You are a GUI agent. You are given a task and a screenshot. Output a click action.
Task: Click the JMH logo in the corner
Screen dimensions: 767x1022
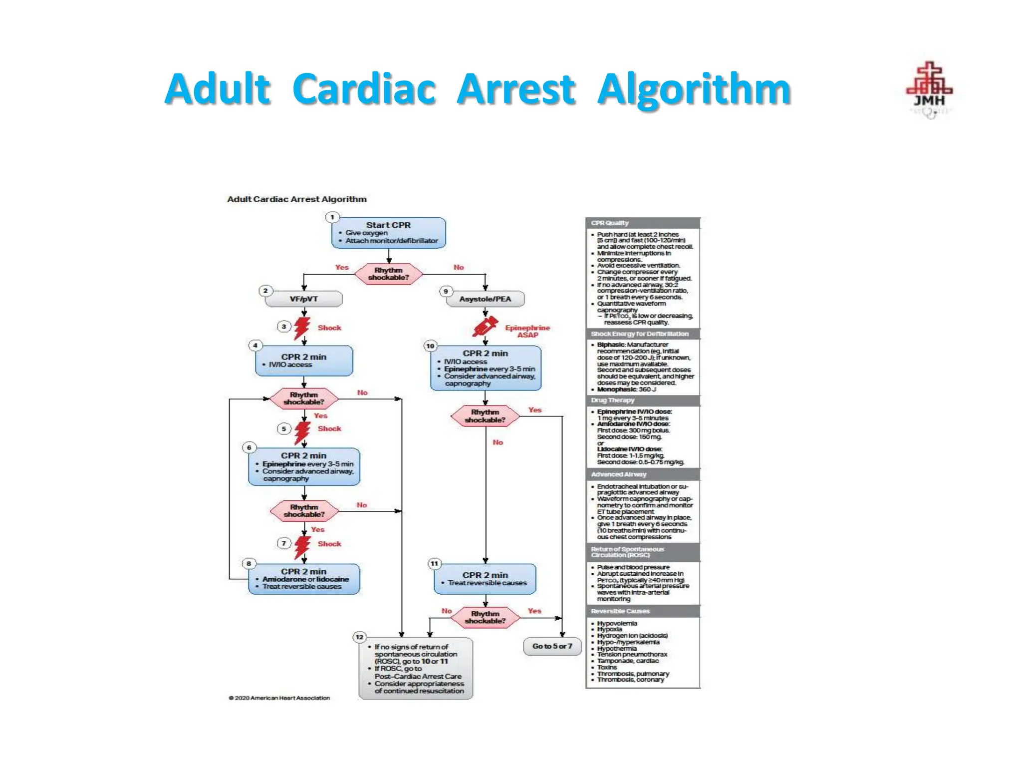(x=929, y=89)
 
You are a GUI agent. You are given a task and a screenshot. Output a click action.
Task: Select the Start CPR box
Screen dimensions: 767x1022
(x=388, y=233)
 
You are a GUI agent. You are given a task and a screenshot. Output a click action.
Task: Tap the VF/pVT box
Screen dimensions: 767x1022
(x=303, y=299)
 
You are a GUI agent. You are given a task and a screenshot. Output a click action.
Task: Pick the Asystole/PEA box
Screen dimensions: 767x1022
(x=485, y=299)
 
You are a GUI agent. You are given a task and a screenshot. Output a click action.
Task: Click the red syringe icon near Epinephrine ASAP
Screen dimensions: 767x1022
(x=485, y=327)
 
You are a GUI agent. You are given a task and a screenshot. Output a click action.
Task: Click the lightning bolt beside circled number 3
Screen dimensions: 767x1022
(x=301, y=328)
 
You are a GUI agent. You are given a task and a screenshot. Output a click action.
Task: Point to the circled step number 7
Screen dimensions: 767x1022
(x=284, y=543)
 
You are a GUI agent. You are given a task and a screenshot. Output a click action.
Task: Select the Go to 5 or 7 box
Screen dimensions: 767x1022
(x=552, y=646)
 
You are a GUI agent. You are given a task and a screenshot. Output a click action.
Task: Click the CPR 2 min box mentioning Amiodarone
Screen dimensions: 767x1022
(x=304, y=579)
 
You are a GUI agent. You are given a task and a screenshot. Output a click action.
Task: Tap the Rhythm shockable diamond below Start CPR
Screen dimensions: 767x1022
(x=388, y=274)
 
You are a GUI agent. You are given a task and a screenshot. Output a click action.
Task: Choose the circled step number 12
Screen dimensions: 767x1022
(x=359, y=637)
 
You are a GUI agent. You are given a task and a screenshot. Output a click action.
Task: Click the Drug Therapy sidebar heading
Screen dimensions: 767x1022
(x=612, y=400)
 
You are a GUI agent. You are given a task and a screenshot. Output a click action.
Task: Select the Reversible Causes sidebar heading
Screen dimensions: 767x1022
(x=620, y=611)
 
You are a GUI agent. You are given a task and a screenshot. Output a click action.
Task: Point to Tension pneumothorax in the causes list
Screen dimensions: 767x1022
(x=632, y=654)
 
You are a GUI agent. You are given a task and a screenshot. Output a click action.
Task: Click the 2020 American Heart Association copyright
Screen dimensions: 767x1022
(x=279, y=698)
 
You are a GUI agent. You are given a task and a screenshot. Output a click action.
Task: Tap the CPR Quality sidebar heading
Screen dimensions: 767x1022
(x=610, y=223)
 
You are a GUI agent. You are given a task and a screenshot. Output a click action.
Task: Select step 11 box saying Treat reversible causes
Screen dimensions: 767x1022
(x=485, y=579)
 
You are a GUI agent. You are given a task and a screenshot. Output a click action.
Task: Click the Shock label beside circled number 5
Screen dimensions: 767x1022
(x=329, y=428)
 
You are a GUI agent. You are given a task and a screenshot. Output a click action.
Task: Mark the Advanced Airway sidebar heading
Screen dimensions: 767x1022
(x=618, y=474)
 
